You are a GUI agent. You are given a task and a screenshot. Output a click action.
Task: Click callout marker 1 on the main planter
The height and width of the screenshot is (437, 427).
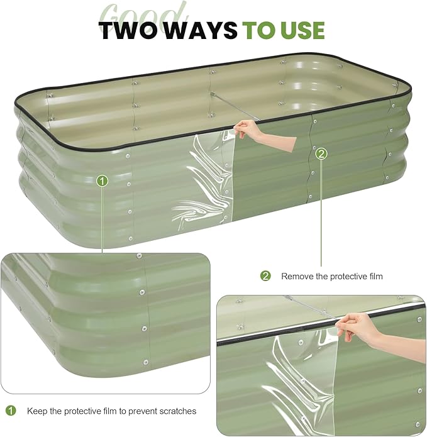click(x=103, y=181)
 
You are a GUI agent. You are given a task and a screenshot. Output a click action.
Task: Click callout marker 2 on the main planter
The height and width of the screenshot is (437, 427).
click(x=321, y=153)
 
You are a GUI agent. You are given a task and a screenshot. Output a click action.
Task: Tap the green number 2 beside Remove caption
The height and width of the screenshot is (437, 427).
click(x=265, y=276)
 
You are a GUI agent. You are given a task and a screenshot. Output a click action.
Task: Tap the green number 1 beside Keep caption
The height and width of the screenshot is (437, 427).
click(x=11, y=411)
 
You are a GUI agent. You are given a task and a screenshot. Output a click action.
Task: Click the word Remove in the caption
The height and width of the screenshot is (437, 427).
click(x=297, y=276)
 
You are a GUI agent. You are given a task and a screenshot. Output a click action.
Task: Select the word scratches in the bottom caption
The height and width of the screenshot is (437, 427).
click(x=178, y=411)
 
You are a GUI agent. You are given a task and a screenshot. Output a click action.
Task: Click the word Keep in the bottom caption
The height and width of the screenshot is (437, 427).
click(x=36, y=411)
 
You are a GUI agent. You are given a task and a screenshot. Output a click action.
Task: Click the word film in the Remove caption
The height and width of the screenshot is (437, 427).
click(x=374, y=276)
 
